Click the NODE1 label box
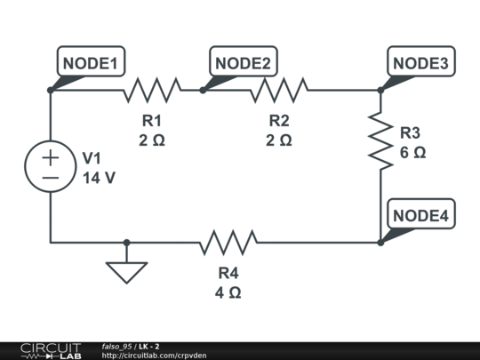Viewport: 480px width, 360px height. [x=91, y=61]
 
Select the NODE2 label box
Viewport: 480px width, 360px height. [x=244, y=61]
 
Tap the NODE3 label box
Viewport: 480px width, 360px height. [x=421, y=61]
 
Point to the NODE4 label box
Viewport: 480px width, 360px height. [x=421, y=213]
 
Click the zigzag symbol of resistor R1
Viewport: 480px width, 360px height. [x=152, y=91]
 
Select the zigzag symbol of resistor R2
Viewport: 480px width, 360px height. [x=279, y=91]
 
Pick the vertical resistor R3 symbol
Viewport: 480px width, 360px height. [x=380, y=140]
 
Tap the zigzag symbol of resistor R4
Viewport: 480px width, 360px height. [x=228, y=243]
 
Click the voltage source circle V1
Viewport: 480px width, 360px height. [x=51, y=166]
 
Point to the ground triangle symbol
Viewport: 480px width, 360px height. [x=126, y=273]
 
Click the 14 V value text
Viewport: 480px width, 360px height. [x=99, y=178]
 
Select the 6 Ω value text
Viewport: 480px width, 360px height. [x=412, y=153]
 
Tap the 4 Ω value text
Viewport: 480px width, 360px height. [x=228, y=292]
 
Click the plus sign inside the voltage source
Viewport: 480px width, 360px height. [x=51, y=158]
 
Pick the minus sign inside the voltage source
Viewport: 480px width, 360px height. [x=51, y=178]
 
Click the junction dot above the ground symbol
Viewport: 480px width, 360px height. [x=126, y=243]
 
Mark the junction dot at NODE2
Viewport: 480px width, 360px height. [x=203, y=91]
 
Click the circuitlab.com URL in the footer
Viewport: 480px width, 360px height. [x=154, y=356]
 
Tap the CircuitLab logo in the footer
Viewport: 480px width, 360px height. [x=51, y=351]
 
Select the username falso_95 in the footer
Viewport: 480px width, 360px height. [x=116, y=347]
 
